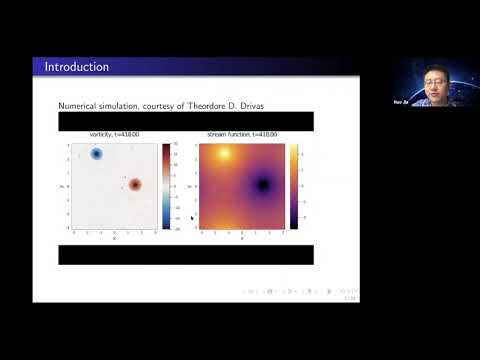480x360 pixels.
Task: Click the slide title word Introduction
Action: click(x=77, y=67)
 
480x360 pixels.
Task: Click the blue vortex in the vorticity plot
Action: click(x=97, y=154)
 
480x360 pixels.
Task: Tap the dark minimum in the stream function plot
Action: click(x=263, y=185)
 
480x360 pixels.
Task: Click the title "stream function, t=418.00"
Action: click(x=241, y=134)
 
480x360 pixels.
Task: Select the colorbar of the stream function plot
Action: click(x=294, y=186)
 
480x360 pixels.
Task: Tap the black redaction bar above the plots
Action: click(x=185, y=121)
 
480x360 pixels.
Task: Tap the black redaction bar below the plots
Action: click(x=185, y=254)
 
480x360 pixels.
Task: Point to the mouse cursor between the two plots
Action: click(x=191, y=216)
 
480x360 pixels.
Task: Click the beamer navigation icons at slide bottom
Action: click(x=300, y=291)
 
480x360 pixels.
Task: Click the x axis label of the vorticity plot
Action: click(x=114, y=237)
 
